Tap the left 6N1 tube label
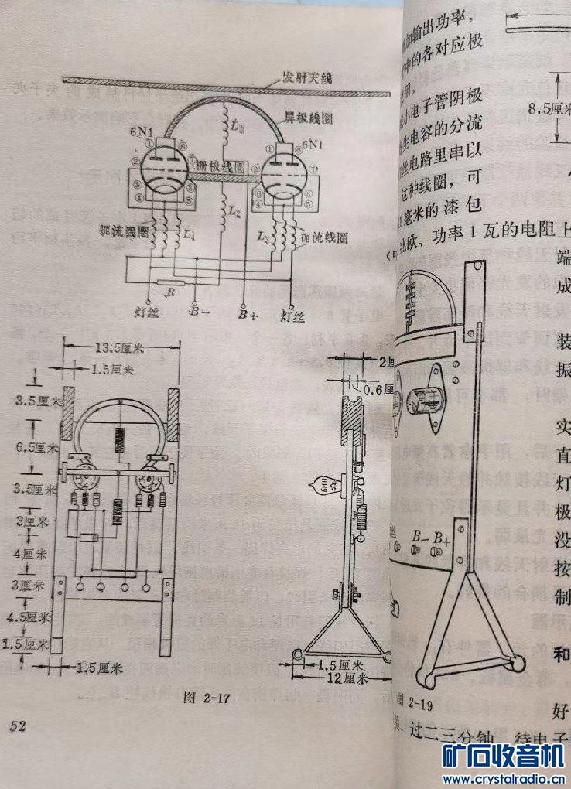(142, 133)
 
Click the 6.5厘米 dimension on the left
(38, 447)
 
